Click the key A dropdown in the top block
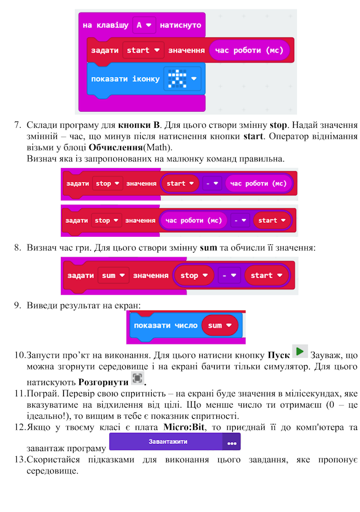tap(145, 25)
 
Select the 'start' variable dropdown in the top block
tap(143, 50)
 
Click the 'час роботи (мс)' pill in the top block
tap(249, 50)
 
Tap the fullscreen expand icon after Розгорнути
tap(136, 379)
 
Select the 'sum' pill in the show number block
tap(220, 326)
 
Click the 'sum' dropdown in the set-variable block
tap(113, 275)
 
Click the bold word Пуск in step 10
tap(279, 355)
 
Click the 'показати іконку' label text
tap(126, 79)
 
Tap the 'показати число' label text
tap(165, 326)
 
